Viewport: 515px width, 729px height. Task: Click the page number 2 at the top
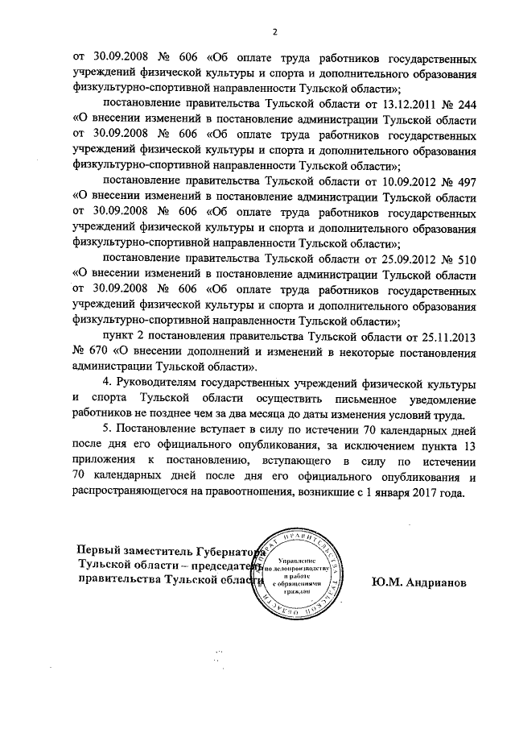274,31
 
